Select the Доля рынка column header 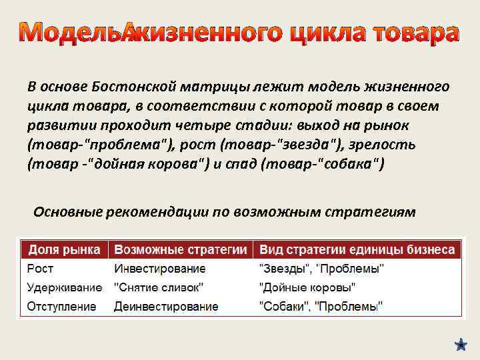point(63,250)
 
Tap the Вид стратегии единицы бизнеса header point(357,250)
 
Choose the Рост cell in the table point(40,269)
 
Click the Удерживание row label point(64,287)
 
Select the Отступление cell point(61,307)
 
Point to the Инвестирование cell point(160,269)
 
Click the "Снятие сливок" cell point(159,287)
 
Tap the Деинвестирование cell point(166,307)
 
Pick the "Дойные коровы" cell point(307,287)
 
